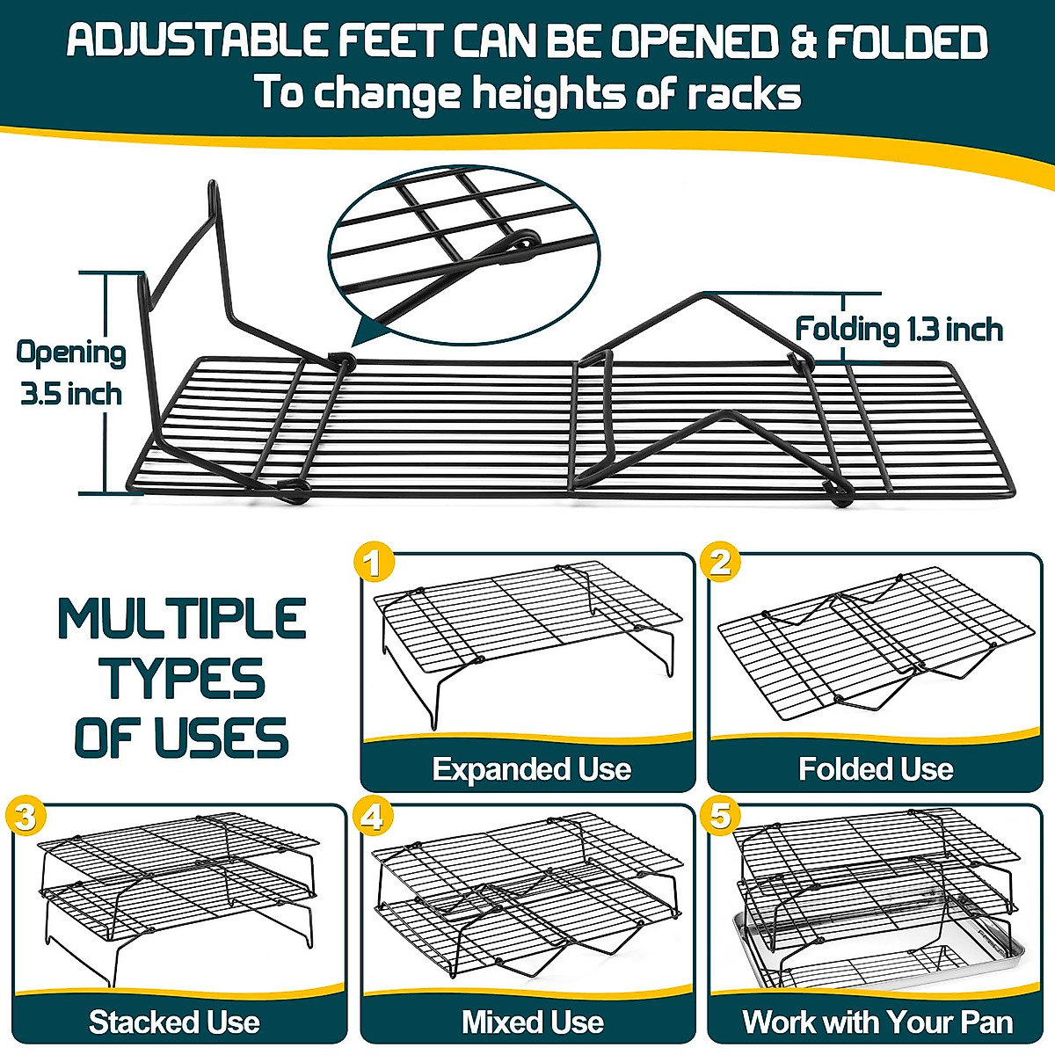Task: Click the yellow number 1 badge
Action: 374,563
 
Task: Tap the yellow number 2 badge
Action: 721,563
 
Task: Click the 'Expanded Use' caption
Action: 532,769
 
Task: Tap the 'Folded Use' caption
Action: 876,769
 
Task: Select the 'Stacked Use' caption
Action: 174,1022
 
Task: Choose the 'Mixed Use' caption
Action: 533,1022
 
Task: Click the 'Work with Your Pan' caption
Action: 877,1022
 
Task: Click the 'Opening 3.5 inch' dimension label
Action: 71,373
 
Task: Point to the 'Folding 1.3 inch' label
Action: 899,330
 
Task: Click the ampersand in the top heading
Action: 804,42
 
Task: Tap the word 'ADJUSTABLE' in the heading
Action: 199,41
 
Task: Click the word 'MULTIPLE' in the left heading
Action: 182,619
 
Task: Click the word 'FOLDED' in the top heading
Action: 907,42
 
